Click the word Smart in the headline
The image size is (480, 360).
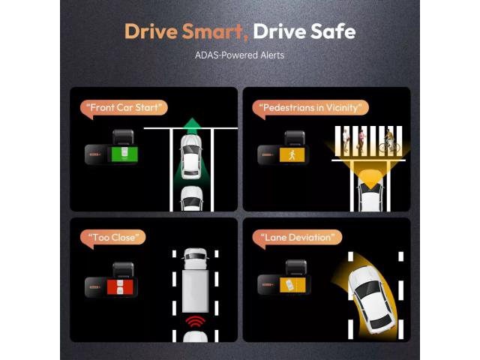coord(215,31)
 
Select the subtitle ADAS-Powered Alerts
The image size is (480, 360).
coord(239,55)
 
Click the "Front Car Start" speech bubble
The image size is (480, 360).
coord(124,109)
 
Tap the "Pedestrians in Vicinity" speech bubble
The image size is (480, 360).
coord(310,109)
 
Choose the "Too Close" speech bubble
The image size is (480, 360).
coord(113,238)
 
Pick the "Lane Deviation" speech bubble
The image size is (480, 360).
coord(297,238)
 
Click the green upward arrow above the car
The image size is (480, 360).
coord(192,126)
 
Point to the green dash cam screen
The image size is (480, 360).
coord(124,154)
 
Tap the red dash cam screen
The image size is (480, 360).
coord(120,286)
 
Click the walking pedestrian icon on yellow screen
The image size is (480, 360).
coord(292,155)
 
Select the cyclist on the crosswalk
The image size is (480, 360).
coord(388,141)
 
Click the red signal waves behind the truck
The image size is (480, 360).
coord(195,322)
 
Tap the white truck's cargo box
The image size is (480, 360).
coord(195,291)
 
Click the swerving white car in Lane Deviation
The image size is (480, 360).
coord(370,299)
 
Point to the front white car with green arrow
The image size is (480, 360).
coord(191,157)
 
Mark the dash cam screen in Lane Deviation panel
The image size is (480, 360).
coord(292,285)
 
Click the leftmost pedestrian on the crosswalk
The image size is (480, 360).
coord(345,140)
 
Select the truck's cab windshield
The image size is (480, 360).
coord(195,256)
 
